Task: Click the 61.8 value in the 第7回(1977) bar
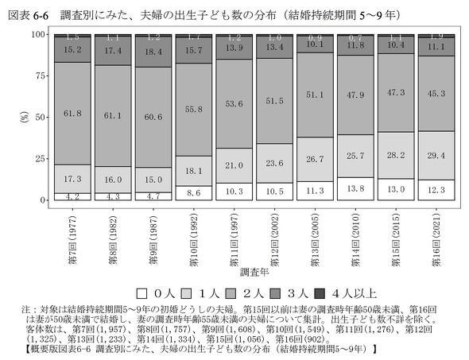tap(72, 114)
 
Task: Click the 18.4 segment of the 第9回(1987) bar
tap(153, 51)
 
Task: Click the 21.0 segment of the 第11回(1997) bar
tap(233, 165)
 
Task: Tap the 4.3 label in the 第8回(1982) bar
tap(113, 195)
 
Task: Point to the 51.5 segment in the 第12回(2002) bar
tap(273, 102)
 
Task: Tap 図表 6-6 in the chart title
tap(25, 13)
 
